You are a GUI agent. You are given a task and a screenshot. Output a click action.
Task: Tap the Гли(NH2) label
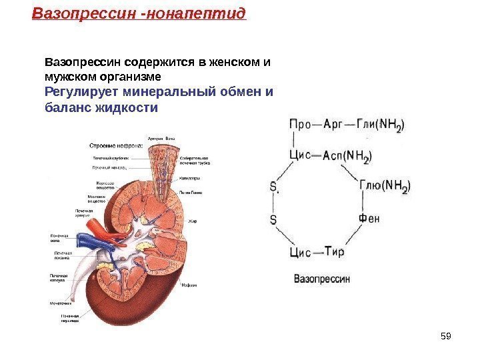click(x=381, y=125)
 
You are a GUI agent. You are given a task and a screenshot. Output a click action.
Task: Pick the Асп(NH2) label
click(x=347, y=156)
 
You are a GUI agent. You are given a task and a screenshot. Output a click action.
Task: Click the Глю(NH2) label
click(x=385, y=187)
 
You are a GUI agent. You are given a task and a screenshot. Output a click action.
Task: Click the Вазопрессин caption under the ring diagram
click(x=322, y=279)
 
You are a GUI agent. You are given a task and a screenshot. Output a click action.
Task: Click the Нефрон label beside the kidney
click(x=191, y=285)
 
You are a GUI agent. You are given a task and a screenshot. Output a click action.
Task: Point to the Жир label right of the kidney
click(x=192, y=221)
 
